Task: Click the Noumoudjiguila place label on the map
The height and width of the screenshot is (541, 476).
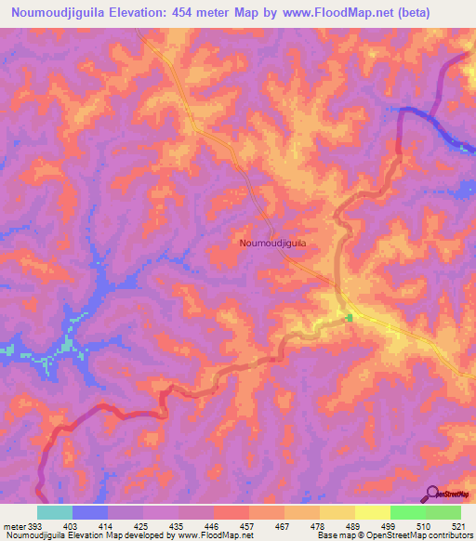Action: point(273,243)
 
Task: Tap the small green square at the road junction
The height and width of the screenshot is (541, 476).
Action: point(350,318)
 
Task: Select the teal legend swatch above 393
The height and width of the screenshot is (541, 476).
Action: point(55,512)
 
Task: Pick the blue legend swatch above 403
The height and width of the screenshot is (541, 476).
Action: point(90,512)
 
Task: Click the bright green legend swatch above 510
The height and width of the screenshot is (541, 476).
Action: point(407,512)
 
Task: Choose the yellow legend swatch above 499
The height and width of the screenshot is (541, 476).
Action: point(372,512)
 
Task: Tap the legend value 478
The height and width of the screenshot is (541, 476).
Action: point(302,524)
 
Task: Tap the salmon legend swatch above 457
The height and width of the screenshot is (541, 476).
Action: point(231,512)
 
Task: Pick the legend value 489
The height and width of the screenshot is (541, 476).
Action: point(337,524)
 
